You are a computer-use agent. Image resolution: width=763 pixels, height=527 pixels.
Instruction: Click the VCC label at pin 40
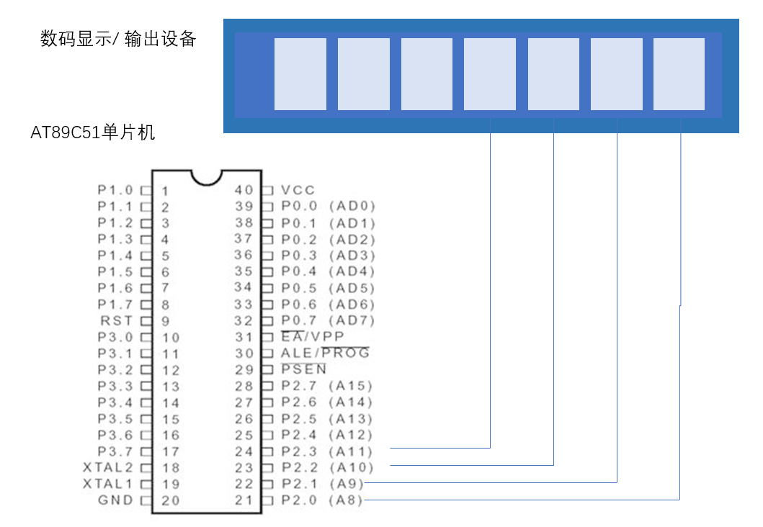pyautogui.click(x=298, y=190)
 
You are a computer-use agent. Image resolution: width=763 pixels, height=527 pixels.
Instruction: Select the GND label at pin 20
pyautogui.click(x=115, y=500)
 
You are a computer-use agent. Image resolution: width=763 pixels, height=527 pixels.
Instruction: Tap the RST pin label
pyautogui.click(x=116, y=321)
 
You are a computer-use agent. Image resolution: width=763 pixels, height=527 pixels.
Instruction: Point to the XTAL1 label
pyautogui.click(x=107, y=484)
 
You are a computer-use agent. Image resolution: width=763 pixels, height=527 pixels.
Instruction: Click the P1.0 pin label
pyautogui.click(x=115, y=190)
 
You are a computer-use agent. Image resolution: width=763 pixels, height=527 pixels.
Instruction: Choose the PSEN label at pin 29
pyautogui.click(x=303, y=369)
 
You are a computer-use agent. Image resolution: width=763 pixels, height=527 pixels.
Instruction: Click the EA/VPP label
pyautogui.click(x=313, y=336)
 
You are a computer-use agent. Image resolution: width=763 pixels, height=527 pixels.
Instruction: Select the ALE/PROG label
pyautogui.click(x=325, y=353)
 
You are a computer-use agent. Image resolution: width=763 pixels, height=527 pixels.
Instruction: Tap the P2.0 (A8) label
pyautogui.click(x=322, y=500)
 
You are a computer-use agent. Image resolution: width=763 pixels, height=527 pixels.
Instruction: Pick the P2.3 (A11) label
pyautogui.click(x=327, y=451)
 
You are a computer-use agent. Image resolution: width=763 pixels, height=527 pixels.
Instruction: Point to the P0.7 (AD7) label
pyautogui.click(x=328, y=321)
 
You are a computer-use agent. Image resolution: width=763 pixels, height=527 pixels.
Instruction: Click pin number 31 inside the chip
pyautogui.click(x=244, y=337)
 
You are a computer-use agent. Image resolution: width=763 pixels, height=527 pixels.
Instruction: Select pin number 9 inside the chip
pyautogui.click(x=166, y=321)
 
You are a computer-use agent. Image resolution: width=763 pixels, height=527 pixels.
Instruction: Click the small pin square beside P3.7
pyautogui.click(x=146, y=451)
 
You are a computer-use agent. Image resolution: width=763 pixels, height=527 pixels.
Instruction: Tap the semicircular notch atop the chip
pyautogui.click(x=206, y=179)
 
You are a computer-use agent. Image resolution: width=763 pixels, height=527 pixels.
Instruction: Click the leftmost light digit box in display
pyautogui.click(x=300, y=74)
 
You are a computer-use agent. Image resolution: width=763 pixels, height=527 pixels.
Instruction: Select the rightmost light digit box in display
pyautogui.click(x=679, y=74)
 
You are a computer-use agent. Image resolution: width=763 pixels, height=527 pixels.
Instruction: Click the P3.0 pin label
pyautogui.click(x=115, y=337)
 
